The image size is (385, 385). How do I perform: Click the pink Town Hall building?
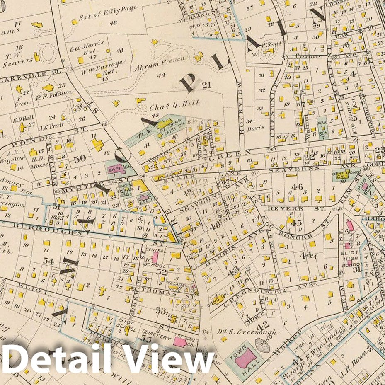[x=245, y=357]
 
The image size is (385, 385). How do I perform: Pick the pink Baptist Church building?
[x=116, y=169]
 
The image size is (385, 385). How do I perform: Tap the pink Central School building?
[x=155, y=257]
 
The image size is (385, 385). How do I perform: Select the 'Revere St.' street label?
[x=296, y=208]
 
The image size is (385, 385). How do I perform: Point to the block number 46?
[x=297, y=186]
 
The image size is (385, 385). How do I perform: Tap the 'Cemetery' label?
[x=159, y=338]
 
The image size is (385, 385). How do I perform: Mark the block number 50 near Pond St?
[x=79, y=158]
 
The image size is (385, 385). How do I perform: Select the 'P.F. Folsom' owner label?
[x=57, y=94]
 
